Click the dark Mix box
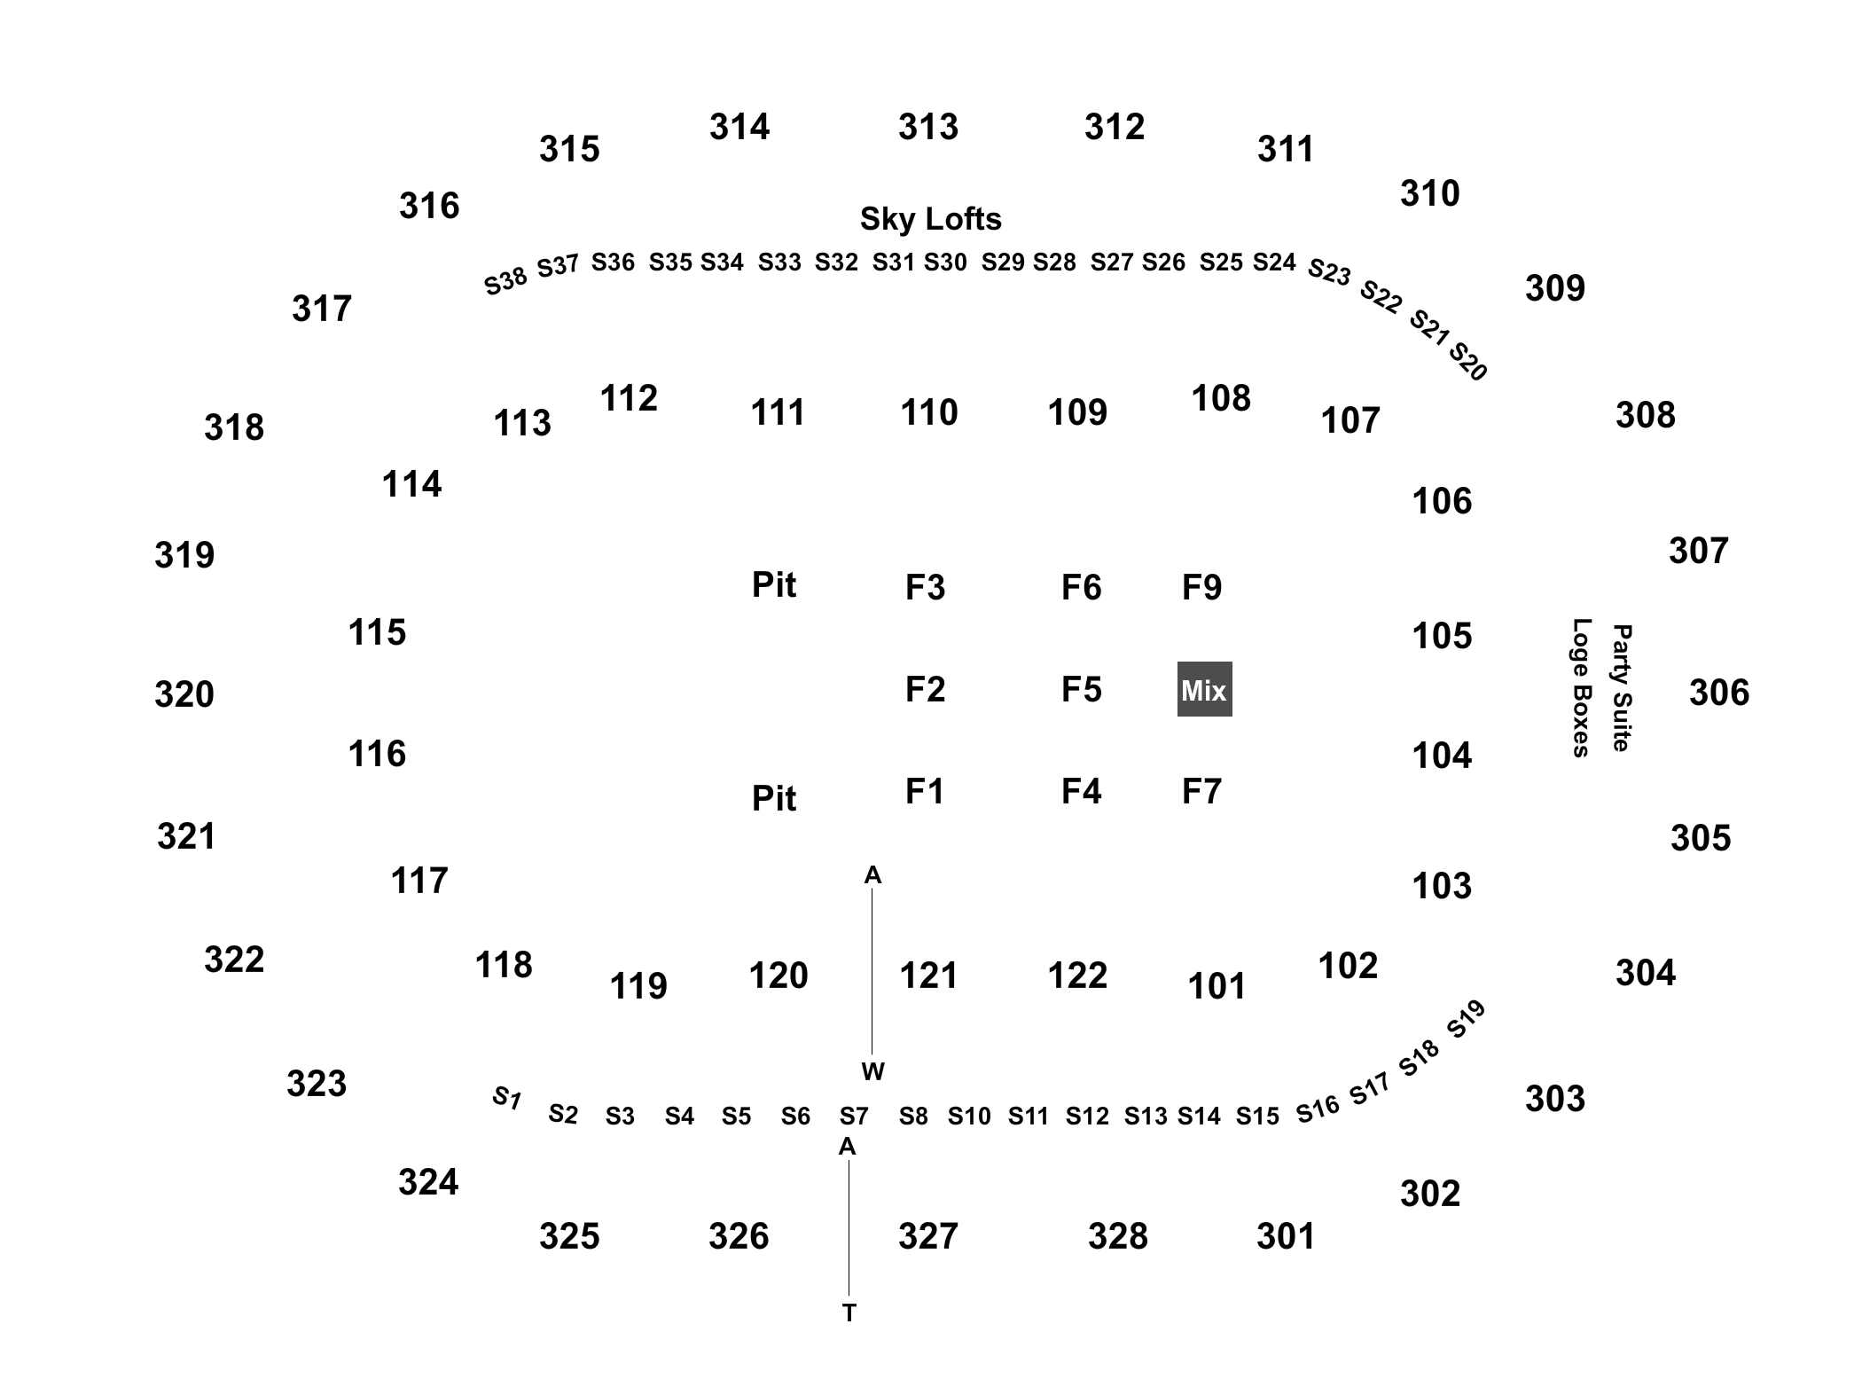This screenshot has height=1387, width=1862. (1204, 689)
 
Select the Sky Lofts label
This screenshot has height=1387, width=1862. (930, 219)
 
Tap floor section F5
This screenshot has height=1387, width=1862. (1081, 689)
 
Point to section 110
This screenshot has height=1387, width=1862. (929, 412)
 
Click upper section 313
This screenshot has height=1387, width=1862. (928, 127)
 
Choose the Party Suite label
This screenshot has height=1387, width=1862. (1622, 688)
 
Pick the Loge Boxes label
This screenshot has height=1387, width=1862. (1581, 688)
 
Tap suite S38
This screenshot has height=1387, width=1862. (505, 281)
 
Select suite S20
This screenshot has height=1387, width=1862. (1467, 362)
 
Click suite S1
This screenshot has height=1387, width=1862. (506, 1098)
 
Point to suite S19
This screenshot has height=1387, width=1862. (1466, 1019)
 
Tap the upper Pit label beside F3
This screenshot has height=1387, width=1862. (774, 585)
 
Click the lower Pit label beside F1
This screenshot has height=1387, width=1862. (774, 799)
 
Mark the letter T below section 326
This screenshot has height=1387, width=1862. (849, 1313)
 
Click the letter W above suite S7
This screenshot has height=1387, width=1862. (873, 1072)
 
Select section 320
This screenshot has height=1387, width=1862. (184, 694)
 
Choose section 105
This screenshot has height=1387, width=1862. (1442, 636)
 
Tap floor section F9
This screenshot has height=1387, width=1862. (1202, 587)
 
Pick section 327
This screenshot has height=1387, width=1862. (928, 1236)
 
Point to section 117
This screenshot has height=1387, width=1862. (419, 881)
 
